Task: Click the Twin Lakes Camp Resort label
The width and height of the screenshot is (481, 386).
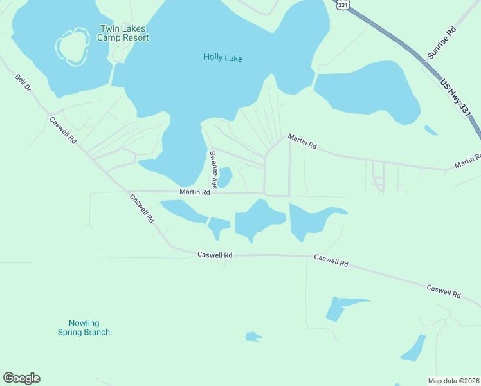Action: [x=123, y=33]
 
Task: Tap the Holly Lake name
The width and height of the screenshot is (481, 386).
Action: [x=222, y=57]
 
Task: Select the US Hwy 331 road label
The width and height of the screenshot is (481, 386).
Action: [x=456, y=98]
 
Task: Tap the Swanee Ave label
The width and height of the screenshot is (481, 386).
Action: [x=213, y=166]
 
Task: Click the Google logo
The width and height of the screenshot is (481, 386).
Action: [x=21, y=378]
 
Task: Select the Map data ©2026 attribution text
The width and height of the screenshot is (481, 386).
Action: [x=453, y=380]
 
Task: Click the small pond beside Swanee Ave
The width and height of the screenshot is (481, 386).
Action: [x=225, y=178]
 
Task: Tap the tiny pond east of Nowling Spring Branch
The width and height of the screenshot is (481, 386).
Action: [x=252, y=336]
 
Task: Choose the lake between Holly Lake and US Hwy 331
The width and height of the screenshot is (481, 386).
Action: [x=367, y=93]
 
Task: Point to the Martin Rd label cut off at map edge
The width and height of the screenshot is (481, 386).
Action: [x=467, y=161]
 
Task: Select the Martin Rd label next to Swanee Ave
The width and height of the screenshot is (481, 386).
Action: [x=195, y=192]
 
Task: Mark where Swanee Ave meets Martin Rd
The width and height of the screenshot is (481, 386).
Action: [x=215, y=192]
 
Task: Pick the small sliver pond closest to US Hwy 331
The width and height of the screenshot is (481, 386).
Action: [x=431, y=130]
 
